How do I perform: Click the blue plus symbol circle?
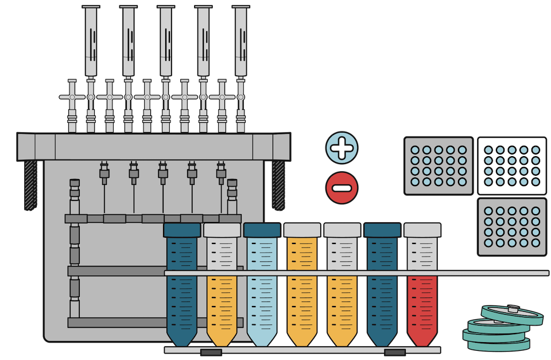(342, 148)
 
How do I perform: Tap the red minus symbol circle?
(342, 187)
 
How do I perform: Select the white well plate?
(512, 165)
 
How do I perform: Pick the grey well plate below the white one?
(512, 227)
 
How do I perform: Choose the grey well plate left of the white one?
(439, 165)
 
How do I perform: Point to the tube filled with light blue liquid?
(262, 287)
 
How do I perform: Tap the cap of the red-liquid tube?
(422, 230)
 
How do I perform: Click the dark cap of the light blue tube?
(262, 230)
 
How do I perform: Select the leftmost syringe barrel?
(91, 43)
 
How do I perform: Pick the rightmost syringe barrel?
(240, 43)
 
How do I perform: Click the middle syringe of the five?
(165, 43)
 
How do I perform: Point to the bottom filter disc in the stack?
(497, 345)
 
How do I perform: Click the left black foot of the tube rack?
(211, 352)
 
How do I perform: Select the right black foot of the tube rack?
(395, 352)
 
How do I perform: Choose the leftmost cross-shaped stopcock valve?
(72, 98)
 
